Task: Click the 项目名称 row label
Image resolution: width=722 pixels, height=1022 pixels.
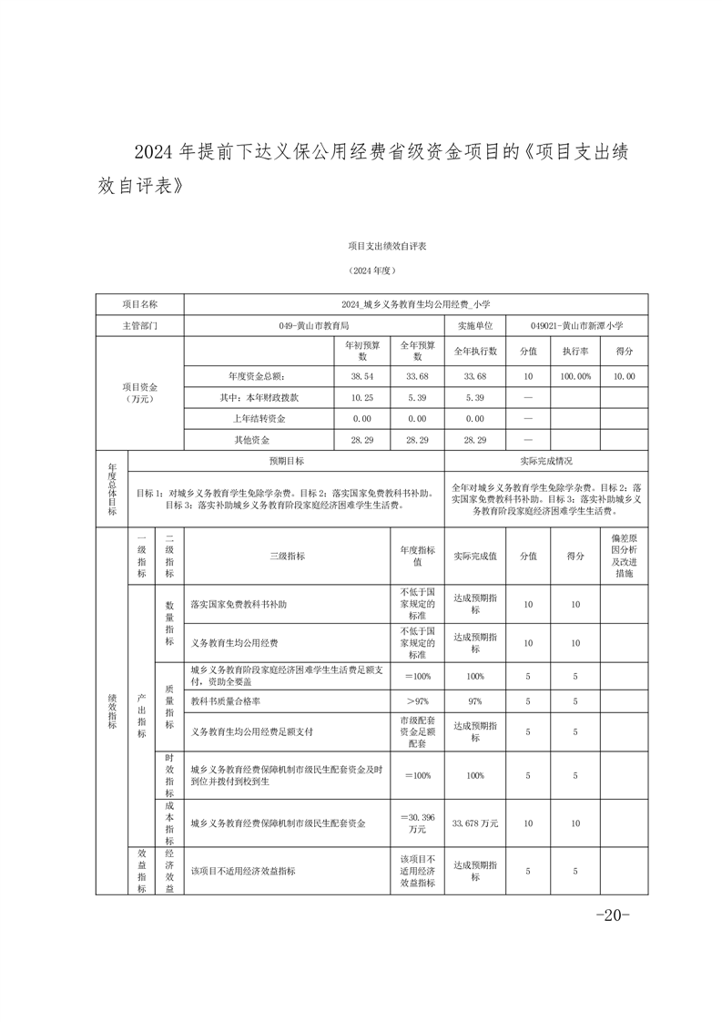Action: [139, 303]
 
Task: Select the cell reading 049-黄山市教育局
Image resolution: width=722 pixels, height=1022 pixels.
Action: [314, 325]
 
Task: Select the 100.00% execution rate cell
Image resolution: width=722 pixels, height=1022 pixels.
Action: [575, 375]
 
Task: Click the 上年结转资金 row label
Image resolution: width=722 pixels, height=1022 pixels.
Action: [259, 419]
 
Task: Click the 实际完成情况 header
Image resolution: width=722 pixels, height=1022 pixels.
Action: [545, 462]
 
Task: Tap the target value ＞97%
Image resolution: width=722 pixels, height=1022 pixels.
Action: [417, 701]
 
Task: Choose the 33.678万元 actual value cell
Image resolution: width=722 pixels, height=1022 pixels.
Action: [475, 823]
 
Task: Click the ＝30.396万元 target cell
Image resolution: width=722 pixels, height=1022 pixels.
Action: [417, 823]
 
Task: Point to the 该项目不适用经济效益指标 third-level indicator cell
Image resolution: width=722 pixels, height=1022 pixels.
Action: [242, 871]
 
